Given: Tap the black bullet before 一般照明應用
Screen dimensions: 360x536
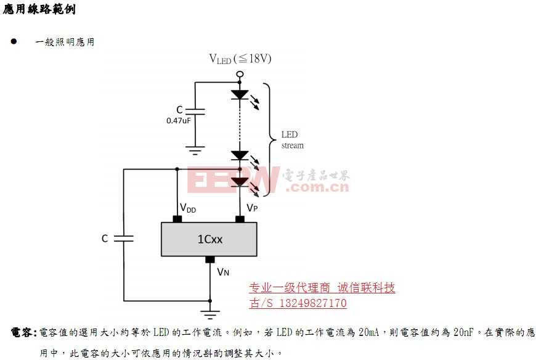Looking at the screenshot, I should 13,42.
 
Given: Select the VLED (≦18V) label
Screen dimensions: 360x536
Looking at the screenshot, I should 240,59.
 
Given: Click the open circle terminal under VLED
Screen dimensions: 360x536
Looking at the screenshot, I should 240,75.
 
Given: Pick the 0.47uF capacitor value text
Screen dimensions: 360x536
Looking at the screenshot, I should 179,121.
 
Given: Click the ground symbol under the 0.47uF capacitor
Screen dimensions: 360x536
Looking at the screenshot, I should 195,149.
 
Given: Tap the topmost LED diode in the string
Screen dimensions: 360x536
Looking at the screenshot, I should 240,94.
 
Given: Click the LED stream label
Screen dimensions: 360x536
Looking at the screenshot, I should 292,140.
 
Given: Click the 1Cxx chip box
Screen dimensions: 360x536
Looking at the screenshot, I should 209,239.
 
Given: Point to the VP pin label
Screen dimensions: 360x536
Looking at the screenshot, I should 252,208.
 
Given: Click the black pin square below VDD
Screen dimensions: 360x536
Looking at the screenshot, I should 177,219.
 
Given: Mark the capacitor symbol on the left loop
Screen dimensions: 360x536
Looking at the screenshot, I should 123,238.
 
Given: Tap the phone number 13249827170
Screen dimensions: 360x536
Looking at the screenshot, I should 313,303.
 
